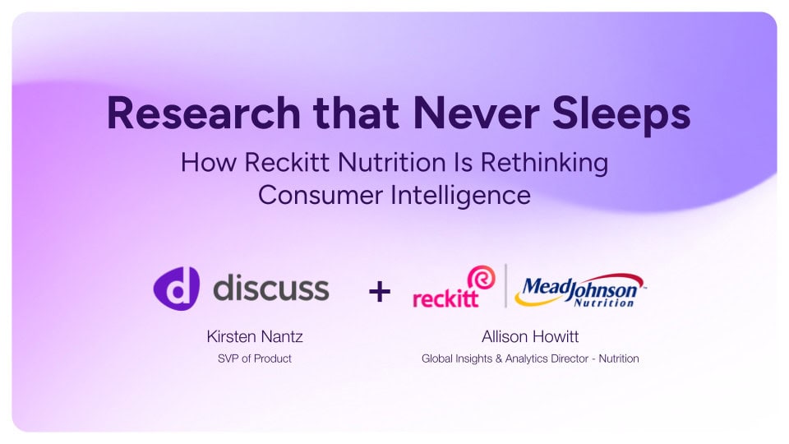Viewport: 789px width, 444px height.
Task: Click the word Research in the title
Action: click(203, 113)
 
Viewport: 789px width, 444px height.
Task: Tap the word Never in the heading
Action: click(476, 113)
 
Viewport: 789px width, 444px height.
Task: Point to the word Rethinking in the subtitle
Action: click(544, 163)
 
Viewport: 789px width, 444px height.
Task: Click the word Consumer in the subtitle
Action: click(320, 195)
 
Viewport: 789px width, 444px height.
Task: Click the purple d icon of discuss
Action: click(177, 289)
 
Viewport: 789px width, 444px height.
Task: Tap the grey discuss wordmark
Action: click(271, 288)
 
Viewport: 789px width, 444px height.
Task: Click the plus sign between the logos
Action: click(380, 291)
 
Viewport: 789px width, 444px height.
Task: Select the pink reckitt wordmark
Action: click(445, 298)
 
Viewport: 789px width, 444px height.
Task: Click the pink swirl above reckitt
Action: click(482, 277)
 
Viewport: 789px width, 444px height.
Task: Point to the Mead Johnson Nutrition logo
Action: click(581, 290)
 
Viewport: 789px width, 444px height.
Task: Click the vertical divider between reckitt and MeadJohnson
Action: click(505, 285)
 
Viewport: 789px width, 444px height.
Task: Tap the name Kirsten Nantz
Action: click(255, 336)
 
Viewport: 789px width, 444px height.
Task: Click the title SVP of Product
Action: click(255, 358)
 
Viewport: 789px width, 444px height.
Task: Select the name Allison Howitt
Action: click(530, 336)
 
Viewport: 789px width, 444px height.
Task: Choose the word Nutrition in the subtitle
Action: click(392, 162)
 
